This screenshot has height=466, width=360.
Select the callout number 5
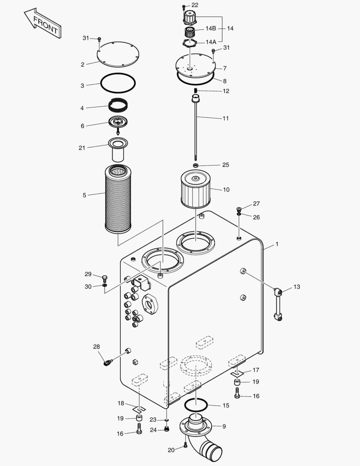(x=85, y=195)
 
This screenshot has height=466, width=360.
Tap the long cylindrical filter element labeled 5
(x=117, y=199)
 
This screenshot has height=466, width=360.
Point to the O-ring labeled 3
(x=119, y=83)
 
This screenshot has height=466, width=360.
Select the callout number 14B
(x=210, y=28)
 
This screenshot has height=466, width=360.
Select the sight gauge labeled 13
(x=278, y=304)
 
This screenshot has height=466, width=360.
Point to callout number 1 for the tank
(x=277, y=244)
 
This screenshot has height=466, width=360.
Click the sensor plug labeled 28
(x=107, y=362)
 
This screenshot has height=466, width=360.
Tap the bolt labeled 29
(x=104, y=277)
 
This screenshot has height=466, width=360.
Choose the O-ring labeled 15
(x=196, y=405)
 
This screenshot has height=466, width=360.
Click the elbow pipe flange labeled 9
(x=197, y=427)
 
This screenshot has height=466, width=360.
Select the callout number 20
(x=171, y=450)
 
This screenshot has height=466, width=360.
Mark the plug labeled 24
(x=166, y=429)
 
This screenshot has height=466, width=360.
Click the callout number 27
(x=257, y=204)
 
